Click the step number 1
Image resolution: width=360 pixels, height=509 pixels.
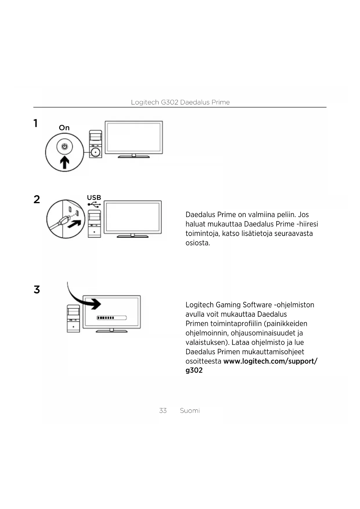click(x=35, y=123)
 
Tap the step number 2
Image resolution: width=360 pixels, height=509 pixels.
click(x=37, y=199)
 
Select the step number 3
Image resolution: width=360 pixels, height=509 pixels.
click(x=37, y=290)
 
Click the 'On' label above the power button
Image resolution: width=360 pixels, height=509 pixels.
click(x=64, y=128)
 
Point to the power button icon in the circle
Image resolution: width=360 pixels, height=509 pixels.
click(x=64, y=147)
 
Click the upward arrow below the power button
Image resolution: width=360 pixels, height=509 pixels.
click(x=64, y=162)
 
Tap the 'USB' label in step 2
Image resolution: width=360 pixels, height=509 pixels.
click(x=94, y=198)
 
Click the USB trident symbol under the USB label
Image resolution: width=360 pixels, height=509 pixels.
click(x=94, y=205)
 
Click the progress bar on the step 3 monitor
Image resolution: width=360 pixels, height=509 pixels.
click(x=112, y=318)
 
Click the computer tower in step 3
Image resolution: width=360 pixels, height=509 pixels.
click(x=73, y=318)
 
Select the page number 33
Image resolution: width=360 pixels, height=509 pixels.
click(x=163, y=411)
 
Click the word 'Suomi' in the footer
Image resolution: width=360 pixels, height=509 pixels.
click(x=190, y=411)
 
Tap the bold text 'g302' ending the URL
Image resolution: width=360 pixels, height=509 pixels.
click(x=194, y=370)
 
